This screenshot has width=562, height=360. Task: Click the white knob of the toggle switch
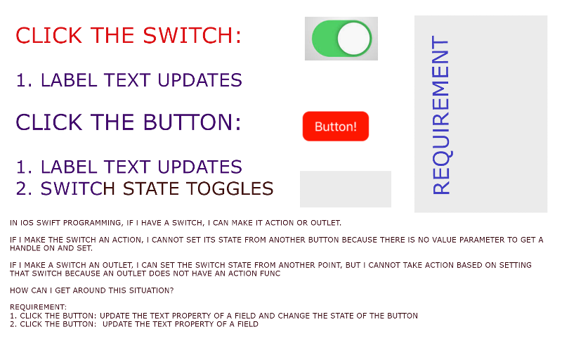(354, 39)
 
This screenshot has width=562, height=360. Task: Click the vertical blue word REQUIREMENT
(440, 115)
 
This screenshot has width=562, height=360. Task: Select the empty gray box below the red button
(346, 189)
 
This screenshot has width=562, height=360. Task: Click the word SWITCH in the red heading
(192, 35)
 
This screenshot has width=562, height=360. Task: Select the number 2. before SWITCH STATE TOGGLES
(25, 188)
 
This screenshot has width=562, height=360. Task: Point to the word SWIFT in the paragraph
(48, 223)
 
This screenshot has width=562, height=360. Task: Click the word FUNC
(270, 274)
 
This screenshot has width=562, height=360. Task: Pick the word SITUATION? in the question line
(151, 290)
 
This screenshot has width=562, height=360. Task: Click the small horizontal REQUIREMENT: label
(38, 307)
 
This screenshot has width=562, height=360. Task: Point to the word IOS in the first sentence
(27, 223)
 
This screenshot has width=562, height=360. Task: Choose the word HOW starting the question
(18, 290)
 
